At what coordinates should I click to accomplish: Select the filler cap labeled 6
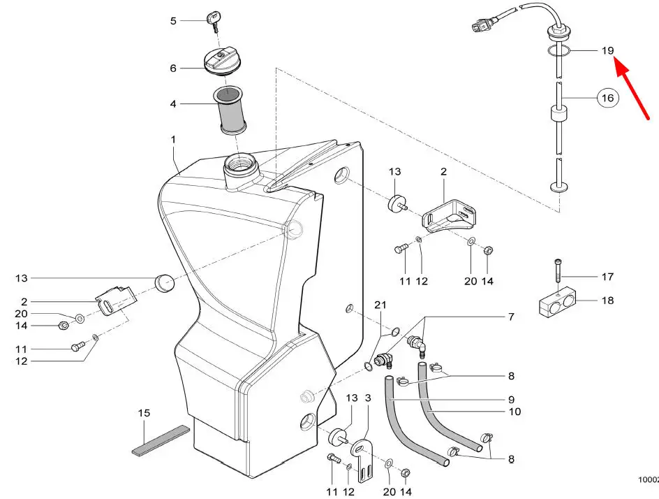click(223, 62)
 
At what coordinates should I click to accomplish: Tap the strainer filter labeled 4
click(230, 110)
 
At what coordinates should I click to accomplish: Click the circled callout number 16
click(608, 98)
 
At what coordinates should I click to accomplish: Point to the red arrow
click(633, 89)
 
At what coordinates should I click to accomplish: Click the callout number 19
click(608, 51)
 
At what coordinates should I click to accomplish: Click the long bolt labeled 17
click(558, 273)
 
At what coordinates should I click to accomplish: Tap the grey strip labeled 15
click(161, 441)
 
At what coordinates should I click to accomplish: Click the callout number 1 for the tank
click(173, 140)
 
